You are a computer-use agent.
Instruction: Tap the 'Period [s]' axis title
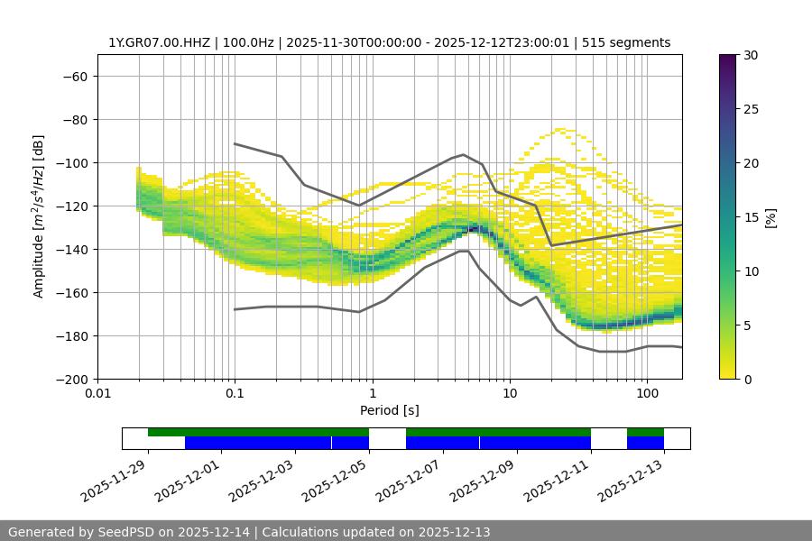tap(389, 410)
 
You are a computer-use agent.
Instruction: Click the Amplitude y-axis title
tap(39, 216)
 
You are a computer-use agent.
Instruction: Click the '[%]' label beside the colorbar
tap(771, 217)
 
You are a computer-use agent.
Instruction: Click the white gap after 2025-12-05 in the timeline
tap(387, 438)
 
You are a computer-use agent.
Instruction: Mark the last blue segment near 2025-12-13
tap(645, 443)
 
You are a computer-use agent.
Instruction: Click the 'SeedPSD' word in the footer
tap(125, 532)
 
